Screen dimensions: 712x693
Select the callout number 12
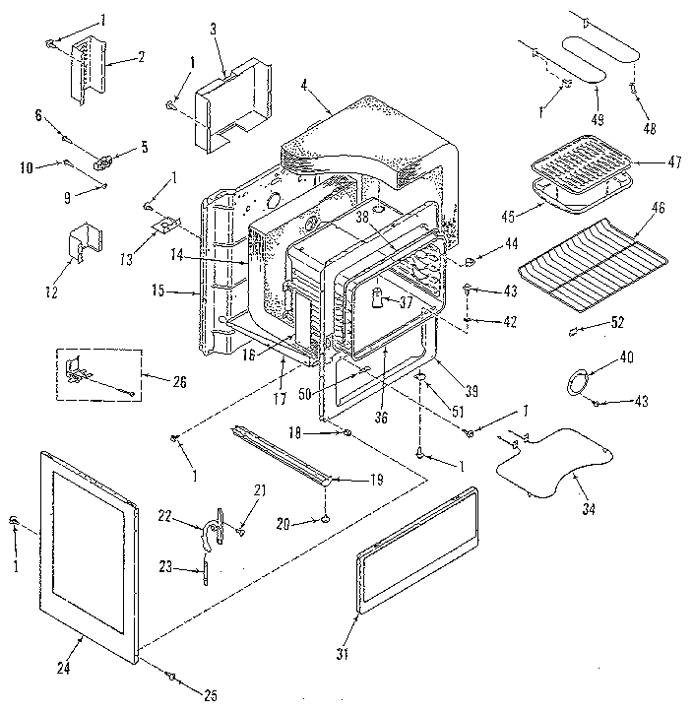click(51, 291)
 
